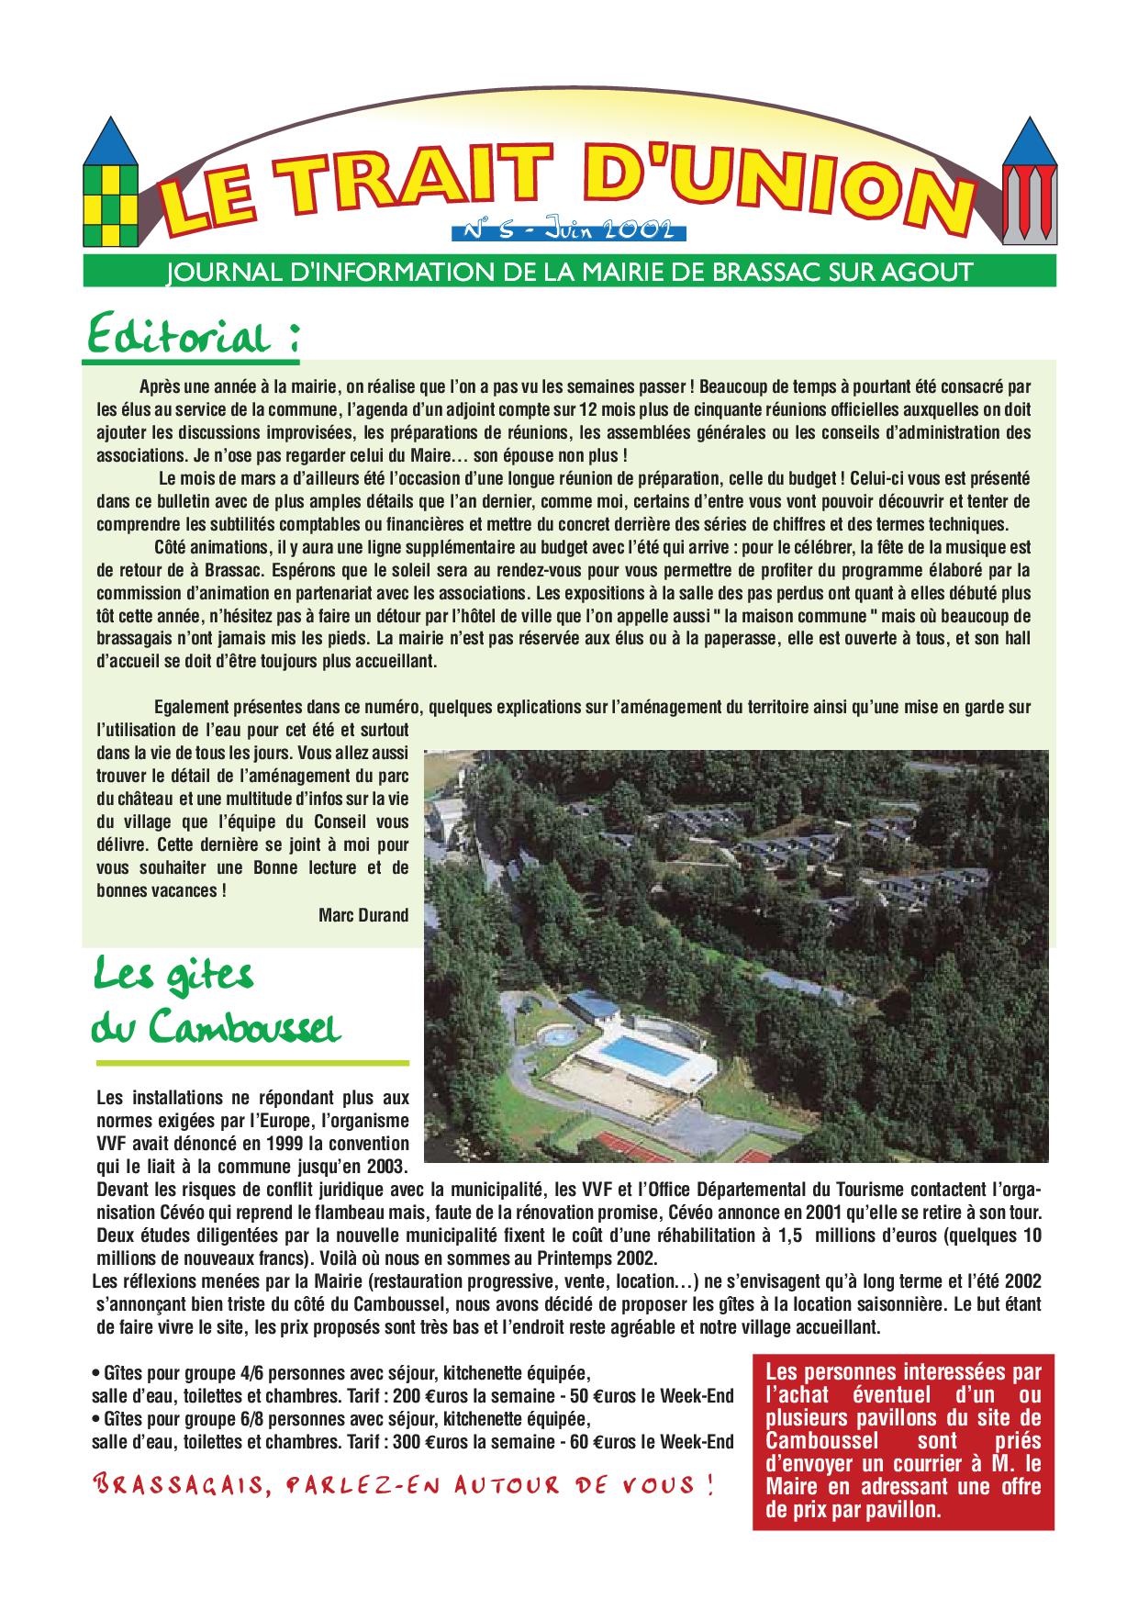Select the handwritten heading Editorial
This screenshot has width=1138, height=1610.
(193, 337)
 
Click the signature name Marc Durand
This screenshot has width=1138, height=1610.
(363, 915)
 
